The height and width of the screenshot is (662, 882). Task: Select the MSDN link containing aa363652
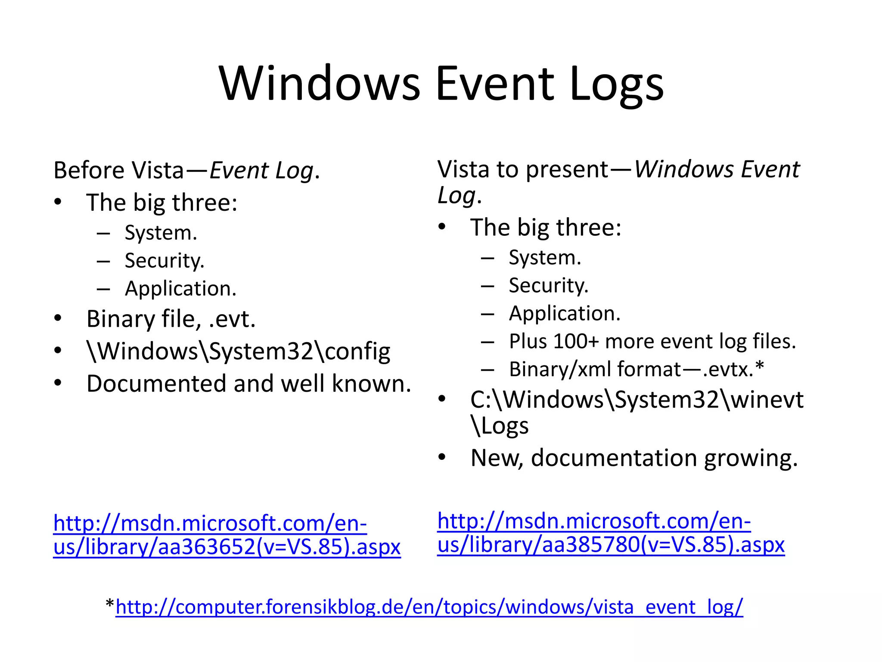tap(227, 535)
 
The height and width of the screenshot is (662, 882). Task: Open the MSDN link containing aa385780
tap(611, 533)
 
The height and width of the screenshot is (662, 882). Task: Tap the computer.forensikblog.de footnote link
tap(429, 607)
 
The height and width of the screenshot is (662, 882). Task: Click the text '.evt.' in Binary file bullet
tap(232, 319)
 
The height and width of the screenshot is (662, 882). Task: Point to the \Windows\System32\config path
tap(238, 351)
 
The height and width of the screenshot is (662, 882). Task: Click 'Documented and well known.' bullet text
tap(249, 384)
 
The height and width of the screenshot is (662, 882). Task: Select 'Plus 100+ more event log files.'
tap(652, 341)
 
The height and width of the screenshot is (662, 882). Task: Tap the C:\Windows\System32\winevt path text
tap(637, 400)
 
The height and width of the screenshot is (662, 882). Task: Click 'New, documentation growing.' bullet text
tap(634, 458)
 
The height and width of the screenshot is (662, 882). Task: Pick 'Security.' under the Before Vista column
tap(165, 261)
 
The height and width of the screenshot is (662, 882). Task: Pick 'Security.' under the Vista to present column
tap(548, 285)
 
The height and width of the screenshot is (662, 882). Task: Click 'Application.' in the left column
tap(181, 289)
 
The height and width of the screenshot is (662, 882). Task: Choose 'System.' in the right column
tap(545, 257)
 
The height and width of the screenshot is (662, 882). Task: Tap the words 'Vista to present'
tap(523, 169)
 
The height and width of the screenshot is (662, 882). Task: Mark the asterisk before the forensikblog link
tap(110, 604)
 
